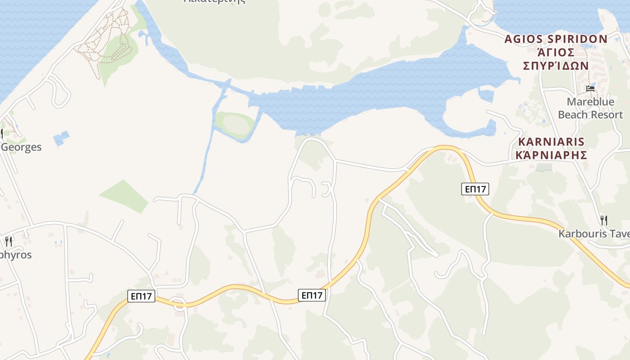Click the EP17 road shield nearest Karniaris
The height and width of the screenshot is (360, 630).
[x=475, y=189]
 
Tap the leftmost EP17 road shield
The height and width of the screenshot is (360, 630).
[x=142, y=296]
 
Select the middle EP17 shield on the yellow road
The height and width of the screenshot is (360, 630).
[x=312, y=295]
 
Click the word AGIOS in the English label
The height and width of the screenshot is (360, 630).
[x=522, y=39]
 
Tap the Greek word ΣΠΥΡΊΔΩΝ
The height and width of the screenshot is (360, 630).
[x=556, y=65]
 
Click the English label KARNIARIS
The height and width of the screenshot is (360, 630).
[x=551, y=142]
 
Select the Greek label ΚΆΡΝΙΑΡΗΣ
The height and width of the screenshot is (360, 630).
[x=551, y=155]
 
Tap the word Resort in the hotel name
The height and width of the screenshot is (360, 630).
[x=603, y=115]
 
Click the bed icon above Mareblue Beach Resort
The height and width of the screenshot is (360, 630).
[x=590, y=88]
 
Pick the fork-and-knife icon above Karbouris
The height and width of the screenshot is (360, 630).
[x=604, y=220]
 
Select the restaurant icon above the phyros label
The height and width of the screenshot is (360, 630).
[x=9, y=241]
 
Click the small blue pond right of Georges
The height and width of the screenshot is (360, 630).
[x=62, y=138]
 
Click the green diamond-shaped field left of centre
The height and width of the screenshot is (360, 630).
[x=125, y=196]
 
